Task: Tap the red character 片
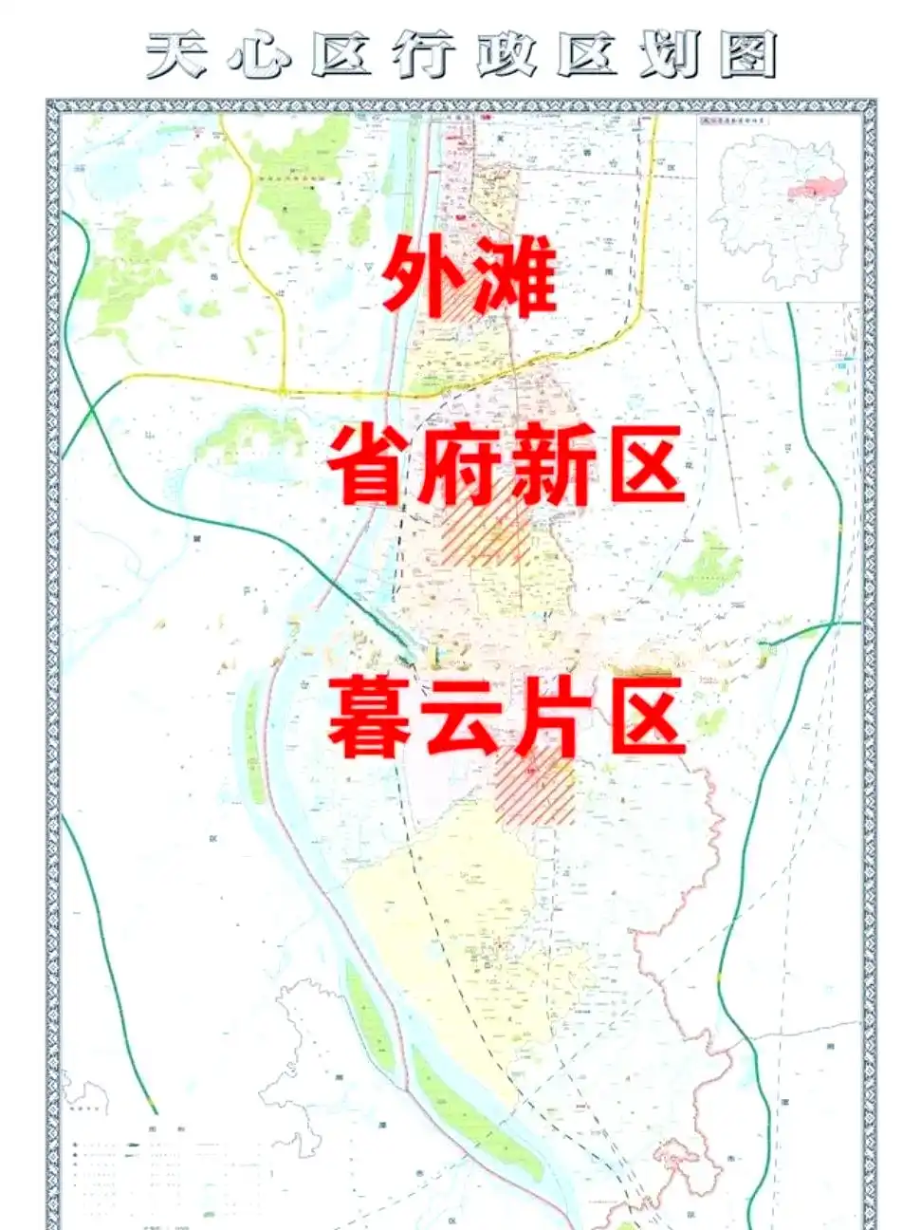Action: [x=550, y=715]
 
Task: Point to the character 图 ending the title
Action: [x=746, y=54]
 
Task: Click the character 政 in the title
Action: [x=503, y=54]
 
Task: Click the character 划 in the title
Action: [x=667, y=54]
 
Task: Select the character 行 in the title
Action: [x=422, y=54]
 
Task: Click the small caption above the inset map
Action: [x=735, y=121]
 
